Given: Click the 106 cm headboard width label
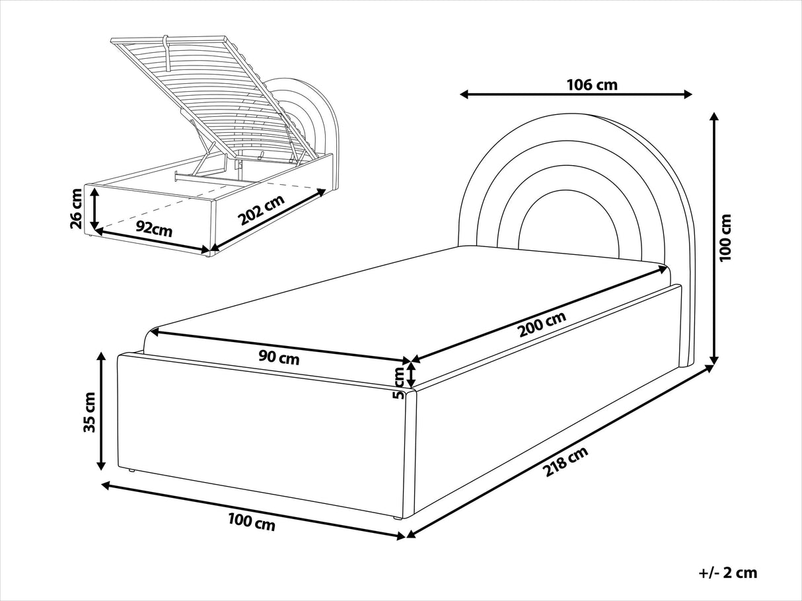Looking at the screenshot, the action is (x=592, y=85).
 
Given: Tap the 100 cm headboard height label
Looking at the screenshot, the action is (x=725, y=237).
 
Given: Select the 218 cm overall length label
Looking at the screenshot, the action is (x=565, y=461).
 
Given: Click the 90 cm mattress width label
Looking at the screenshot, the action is (x=279, y=358).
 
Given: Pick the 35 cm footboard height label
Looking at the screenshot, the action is (x=90, y=412).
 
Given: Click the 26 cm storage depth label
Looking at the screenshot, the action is (x=77, y=209).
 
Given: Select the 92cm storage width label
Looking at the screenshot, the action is (x=154, y=229).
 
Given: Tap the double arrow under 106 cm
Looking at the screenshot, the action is (x=576, y=94).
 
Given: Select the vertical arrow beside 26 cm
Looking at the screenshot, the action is (x=95, y=208).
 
